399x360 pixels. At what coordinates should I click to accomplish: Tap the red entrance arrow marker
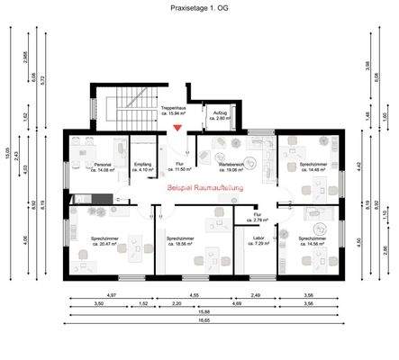(x=177, y=128)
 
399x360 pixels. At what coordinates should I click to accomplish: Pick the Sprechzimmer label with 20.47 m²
(x=104, y=240)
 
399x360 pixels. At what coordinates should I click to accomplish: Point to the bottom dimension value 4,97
(x=112, y=295)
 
